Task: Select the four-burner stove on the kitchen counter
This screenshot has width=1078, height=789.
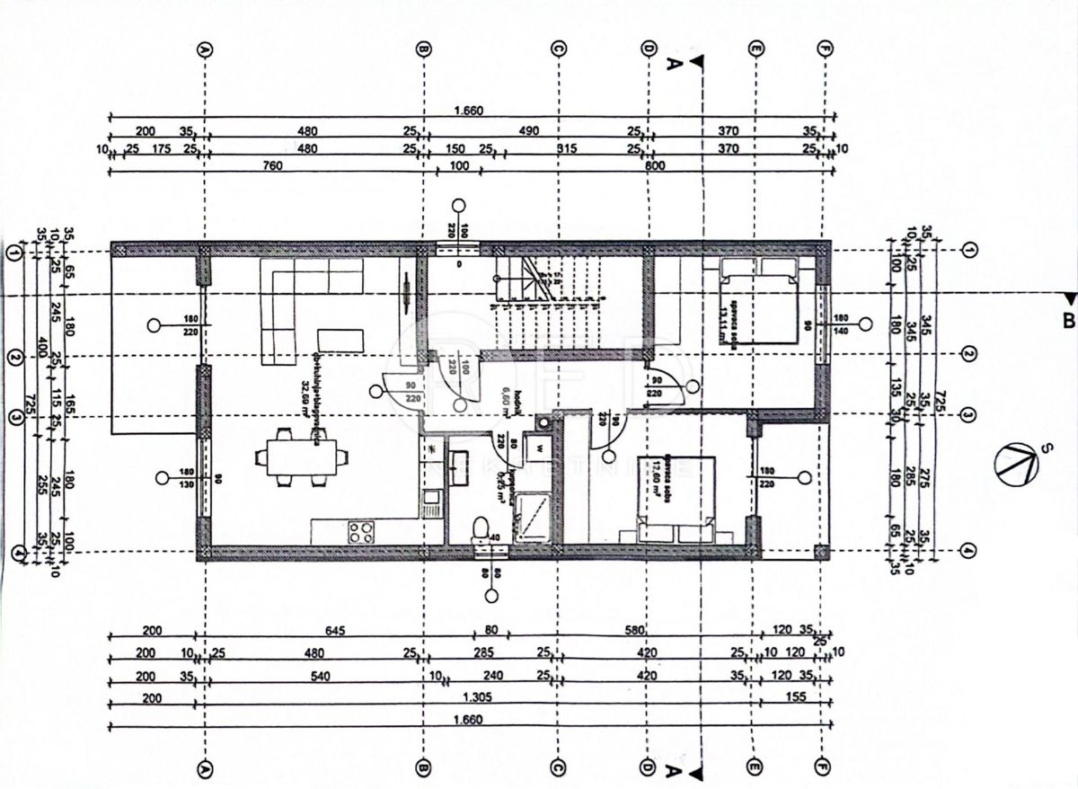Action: point(361,531)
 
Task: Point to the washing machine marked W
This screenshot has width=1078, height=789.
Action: point(542,447)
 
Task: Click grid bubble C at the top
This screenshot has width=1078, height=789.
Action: point(557,49)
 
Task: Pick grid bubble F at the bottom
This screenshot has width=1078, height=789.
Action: point(823,770)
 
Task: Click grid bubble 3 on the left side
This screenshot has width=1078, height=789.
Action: point(14,416)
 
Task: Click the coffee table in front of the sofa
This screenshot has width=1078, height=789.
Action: point(341,340)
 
